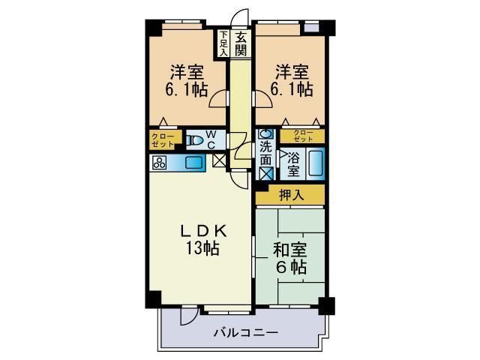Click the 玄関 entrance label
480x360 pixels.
click(x=241, y=43)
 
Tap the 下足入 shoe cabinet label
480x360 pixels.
click(x=223, y=43)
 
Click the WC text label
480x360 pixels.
click(x=211, y=139)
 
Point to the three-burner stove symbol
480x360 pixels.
click(x=160, y=162)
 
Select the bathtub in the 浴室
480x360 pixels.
click(x=316, y=163)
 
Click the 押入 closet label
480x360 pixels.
click(x=290, y=195)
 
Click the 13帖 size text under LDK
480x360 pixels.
click(x=199, y=250)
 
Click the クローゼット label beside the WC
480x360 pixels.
click(x=163, y=139)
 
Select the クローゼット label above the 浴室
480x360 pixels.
click(x=303, y=136)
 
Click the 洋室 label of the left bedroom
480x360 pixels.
click(x=187, y=73)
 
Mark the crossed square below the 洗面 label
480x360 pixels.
click(x=266, y=172)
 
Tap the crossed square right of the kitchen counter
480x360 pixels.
click(x=219, y=159)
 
